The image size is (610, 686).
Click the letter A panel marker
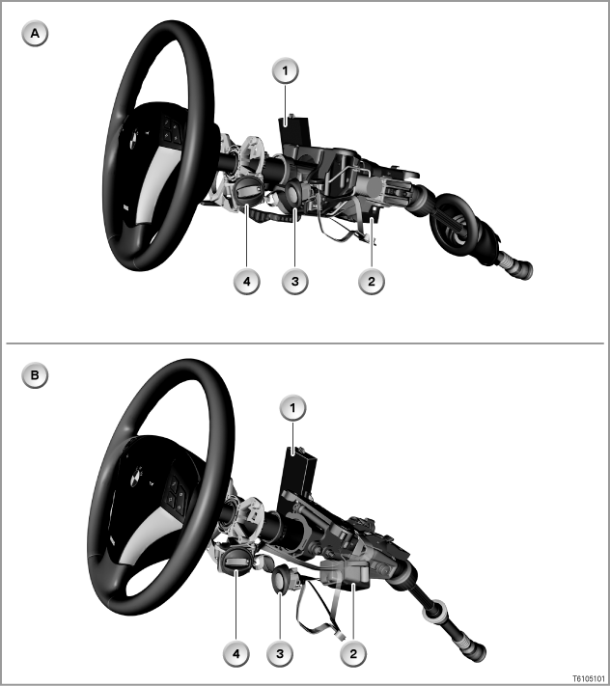point(35,34)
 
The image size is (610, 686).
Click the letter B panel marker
point(35,375)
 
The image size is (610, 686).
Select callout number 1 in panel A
point(286,70)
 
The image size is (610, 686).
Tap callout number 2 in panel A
point(372,282)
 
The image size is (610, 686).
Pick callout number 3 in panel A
point(295,282)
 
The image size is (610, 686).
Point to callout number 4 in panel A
point(247,282)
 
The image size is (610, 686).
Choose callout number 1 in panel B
point(292,409)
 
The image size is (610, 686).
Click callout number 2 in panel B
point(353,654)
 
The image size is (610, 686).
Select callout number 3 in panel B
point(280,654)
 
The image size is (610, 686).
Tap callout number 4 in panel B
point(236,654)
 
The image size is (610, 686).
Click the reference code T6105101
point(589,678)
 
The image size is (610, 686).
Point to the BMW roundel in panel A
point(134,141)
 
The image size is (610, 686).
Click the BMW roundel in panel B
point(137,477)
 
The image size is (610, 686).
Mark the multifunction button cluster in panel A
point(171,130)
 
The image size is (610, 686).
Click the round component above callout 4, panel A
point(249,192)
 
